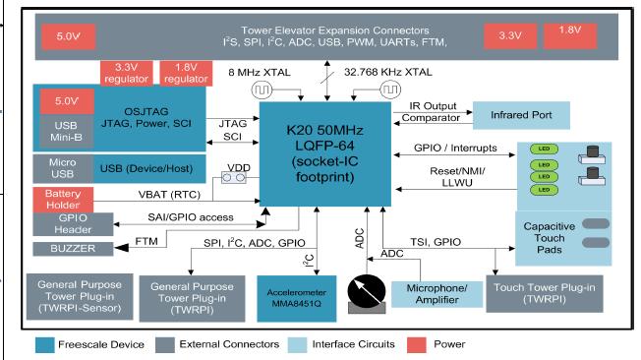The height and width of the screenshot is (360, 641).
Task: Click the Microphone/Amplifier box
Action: [x=433, y=292]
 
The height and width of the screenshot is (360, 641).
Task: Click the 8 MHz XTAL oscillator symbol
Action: [x=262, y=90]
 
